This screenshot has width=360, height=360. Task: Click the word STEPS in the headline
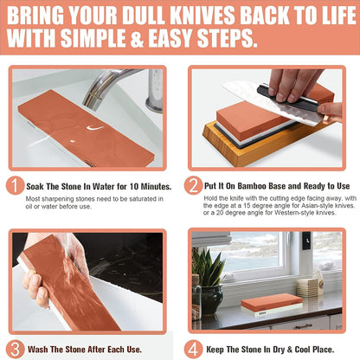[227, 39]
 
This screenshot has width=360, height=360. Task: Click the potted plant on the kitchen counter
[208, 277]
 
